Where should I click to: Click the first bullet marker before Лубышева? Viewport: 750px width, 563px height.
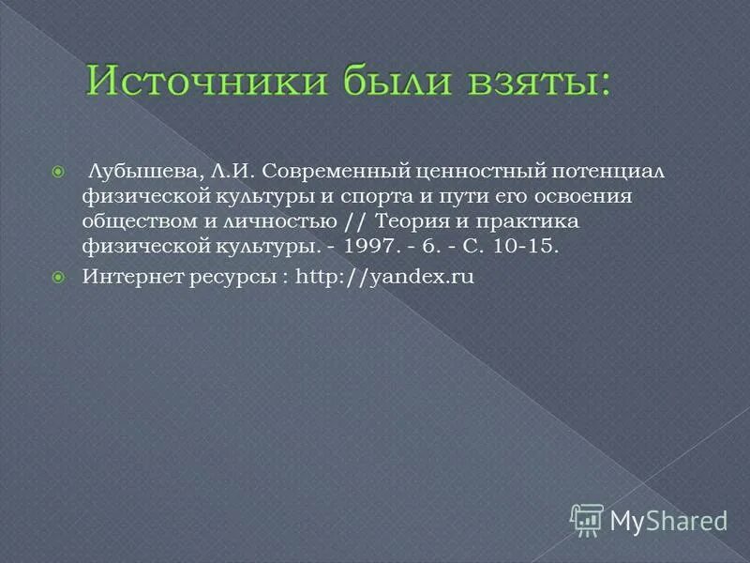pos(58,172)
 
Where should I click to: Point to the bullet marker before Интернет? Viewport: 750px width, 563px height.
pos(58,277)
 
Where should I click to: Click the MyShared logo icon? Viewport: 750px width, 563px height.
pos(587,519)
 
